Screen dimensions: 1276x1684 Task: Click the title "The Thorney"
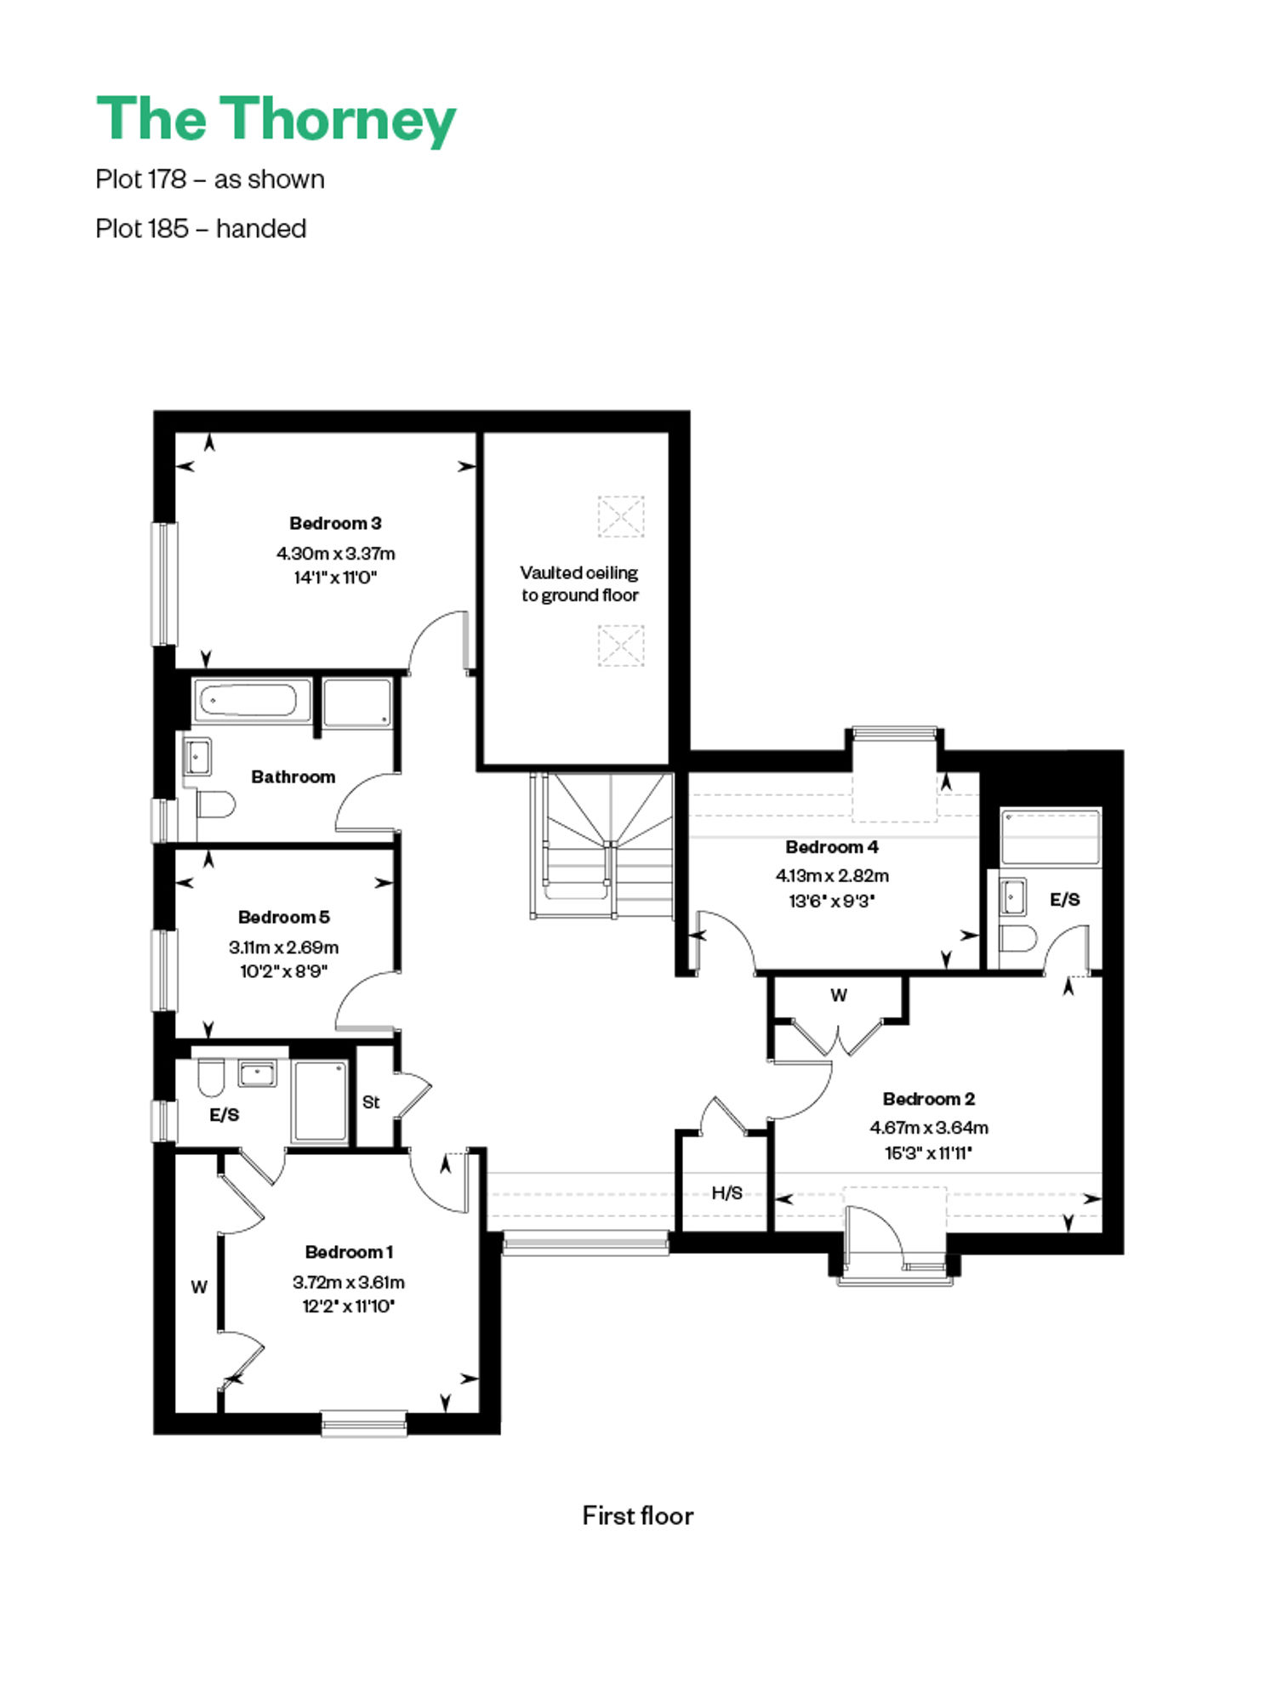tap(276, 121)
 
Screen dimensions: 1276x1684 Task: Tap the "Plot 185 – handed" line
tap(201, 229)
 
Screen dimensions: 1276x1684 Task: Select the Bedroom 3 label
tap(335, 523)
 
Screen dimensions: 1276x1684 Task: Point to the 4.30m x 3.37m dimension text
tap(335, 554)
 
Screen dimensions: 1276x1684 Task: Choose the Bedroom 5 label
tap(284, 917)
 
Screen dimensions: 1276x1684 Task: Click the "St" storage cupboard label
tap(371, 1102)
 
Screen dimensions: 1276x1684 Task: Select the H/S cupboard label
tap(726, 1193)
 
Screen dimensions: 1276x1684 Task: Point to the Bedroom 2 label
tap(929, 1099)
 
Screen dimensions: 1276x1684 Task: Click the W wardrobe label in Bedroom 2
tap(839, 995)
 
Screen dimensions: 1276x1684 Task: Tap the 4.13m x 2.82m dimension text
tap(832, 875)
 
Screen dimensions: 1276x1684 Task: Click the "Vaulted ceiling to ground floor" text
tap(579, 584)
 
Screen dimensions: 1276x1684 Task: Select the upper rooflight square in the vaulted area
tap(621, 516)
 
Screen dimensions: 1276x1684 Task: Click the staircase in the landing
tap(602, 845)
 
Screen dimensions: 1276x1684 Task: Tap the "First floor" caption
tap(638, 1516)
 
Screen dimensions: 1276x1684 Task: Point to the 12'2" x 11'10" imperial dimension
tap(349, 1306)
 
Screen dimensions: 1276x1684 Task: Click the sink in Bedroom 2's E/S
tap(1012, 896)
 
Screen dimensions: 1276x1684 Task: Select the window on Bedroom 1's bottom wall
tap(364, 1423)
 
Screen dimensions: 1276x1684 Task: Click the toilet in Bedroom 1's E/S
tap(210, 1077)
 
